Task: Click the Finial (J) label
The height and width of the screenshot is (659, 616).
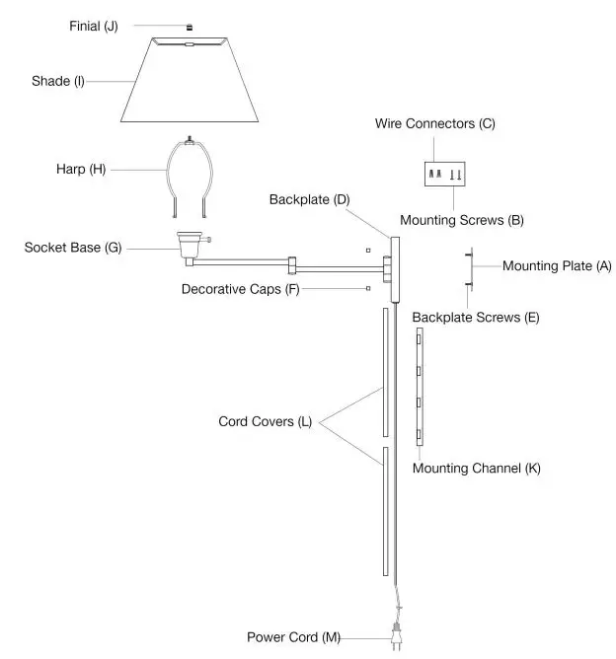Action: pyautogui.click(x=94, y=26)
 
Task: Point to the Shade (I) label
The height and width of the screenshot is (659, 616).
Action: pyautogui.click(x=58, y=81)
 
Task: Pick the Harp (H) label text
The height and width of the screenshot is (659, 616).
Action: pyautogui.click(x=81, y=169)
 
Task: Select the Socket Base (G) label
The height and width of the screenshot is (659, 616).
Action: pyautogui.click(x=73, y=248)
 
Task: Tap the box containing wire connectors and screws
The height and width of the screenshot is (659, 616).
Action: pyautogui.click(x=444, y=175)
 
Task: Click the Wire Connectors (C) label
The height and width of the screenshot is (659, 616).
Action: pyautogui.click(x=434, y=124)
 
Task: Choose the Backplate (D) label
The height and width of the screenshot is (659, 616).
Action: pyautogui.click(x=309, y=199)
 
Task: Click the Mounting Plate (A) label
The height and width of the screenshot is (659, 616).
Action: pyautogui.click(x=555, y=265)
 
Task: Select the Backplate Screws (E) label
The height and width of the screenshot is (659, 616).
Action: pyautogui.click(x=475, y=318)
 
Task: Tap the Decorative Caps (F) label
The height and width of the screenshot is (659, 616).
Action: pyautogui.click(x=240, y=289)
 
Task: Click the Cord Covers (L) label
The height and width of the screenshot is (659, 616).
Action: pyautogui.click(x=265, y=421)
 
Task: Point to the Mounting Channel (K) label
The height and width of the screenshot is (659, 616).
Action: pyautogui.click(x=476, y=468)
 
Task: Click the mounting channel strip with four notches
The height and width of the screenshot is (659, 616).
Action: pyautogui.click(x=420, y=389)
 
